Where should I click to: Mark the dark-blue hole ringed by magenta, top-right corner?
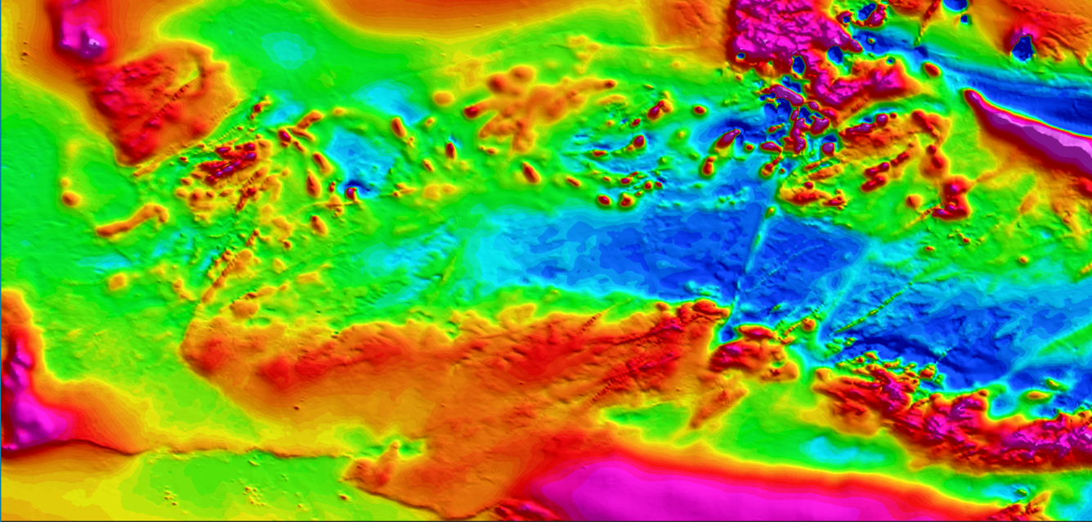tap(1023, 47)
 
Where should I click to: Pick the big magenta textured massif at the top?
tap(785, 33)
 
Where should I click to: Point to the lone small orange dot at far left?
tap(71, 198)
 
